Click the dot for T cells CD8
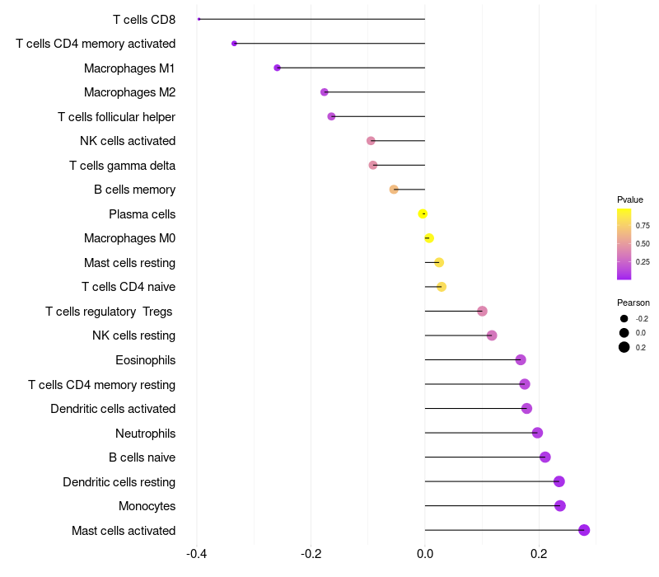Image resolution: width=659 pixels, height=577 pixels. pos(199,19)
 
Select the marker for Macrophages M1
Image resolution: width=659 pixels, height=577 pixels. pos(277,68)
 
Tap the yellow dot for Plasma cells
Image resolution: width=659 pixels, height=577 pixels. pos(423,213)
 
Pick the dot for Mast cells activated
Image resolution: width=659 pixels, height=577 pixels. pos(584,530)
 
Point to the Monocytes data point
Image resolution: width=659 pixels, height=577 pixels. pos(560,505)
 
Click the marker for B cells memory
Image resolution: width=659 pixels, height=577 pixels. pos(394,190)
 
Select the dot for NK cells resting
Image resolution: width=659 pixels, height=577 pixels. pos(492,335)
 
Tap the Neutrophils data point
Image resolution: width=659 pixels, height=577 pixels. pos(537,432)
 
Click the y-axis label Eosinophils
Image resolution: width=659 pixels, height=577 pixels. pos(146,360)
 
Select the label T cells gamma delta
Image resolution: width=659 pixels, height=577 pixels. pos(122,166)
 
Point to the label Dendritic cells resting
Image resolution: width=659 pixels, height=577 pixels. pos(119,481)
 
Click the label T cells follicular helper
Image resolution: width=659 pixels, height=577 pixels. pos(116,116)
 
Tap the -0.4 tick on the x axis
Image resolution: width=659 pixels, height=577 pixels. pos(196,553)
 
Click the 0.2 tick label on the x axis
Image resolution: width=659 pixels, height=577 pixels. pos(539,553)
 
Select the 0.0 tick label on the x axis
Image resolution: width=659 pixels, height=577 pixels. pos(425,553)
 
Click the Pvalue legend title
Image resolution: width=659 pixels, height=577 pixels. pos(630,199)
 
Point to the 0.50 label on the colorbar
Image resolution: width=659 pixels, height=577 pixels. pos(643,243)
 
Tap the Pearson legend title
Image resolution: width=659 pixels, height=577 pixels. pos(633,303)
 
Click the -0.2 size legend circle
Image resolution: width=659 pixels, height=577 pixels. pos(624,319)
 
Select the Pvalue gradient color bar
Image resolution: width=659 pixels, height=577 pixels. pos(624,244)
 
